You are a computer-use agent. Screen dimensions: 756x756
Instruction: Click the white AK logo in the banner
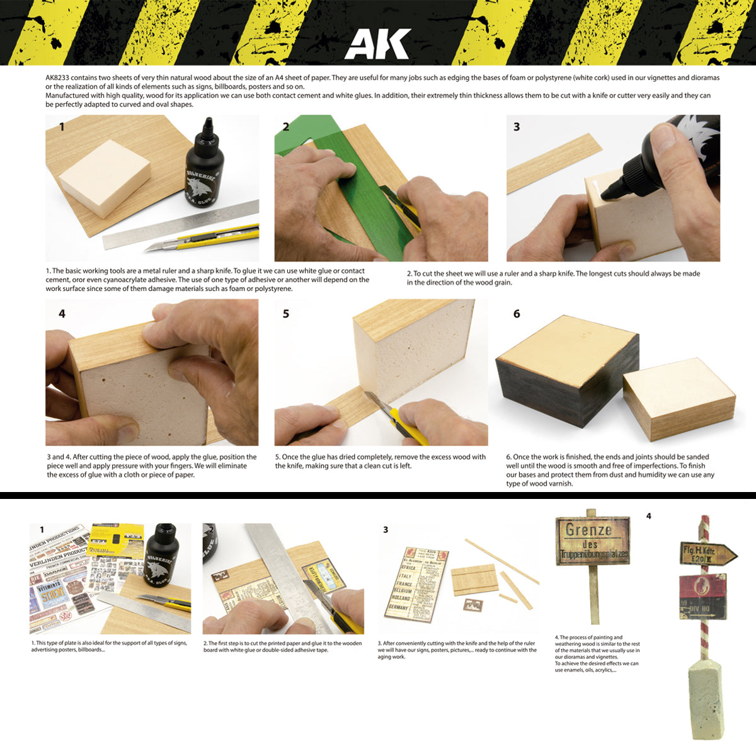click(x=377, y=45)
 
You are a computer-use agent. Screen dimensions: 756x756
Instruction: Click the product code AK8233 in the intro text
click(x=57, y=77)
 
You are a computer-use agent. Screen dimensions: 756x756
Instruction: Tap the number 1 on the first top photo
click(x=62, y=127)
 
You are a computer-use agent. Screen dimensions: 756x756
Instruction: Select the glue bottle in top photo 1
click(x=205, y=166)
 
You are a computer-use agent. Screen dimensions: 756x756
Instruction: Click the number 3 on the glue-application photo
click(x=517, y=127)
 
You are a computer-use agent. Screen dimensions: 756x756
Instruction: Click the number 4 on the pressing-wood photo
click(x=62, y=313)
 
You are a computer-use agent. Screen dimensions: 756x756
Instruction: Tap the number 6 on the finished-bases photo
click(x=517, y=313)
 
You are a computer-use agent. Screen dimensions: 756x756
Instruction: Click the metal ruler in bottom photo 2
click(x=290, y=567)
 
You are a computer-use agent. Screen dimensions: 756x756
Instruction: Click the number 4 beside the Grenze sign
click(x=648, y=516)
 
